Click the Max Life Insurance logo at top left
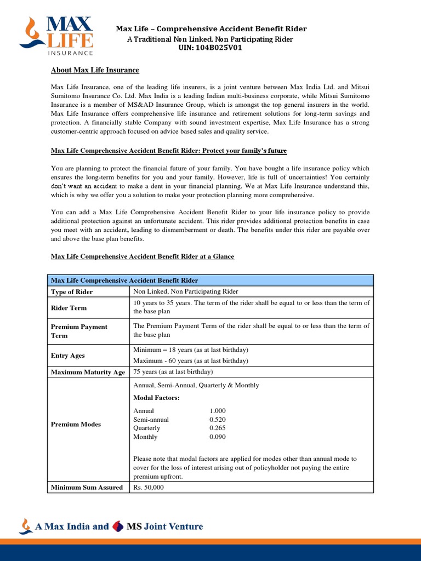click(56, 35)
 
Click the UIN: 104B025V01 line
click(210, 48)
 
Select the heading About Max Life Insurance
click(95, 70)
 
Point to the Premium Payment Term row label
click(79, 330)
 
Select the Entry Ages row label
click(68, 356)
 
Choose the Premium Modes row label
click(76, 425)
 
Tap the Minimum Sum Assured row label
click(87, 488)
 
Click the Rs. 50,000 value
click(148, 488)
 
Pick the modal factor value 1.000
click(218, 410)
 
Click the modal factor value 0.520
click(218, 419)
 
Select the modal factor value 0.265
click(218, 428)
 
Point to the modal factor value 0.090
click(218, 437)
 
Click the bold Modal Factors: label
click(156, 397)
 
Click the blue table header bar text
click(124, 280)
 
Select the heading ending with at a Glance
click(143, 256)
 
